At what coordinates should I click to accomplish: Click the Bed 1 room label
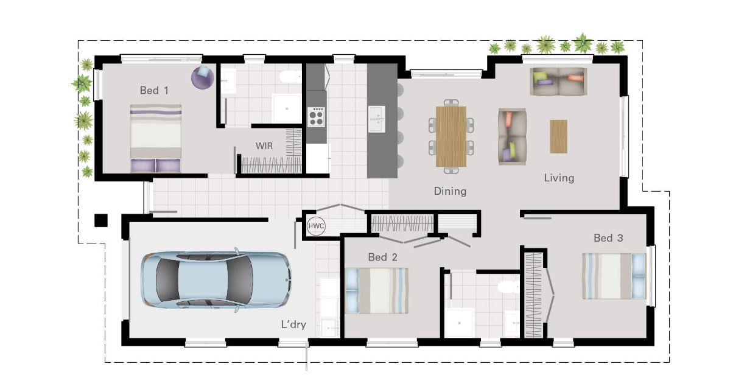pos(154,90)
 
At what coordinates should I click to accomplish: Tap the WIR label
pos(264,145)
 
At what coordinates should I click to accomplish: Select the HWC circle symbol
pos(315,226)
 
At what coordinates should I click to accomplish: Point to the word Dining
pos(450,191)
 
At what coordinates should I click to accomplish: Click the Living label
pos(559,178)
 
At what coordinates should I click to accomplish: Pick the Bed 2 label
pos(382,257)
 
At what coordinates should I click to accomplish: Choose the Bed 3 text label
pos(608,238)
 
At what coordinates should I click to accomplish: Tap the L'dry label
pos(293,324)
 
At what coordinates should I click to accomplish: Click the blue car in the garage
pos(216,279)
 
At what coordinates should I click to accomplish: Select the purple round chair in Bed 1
pos(202,77)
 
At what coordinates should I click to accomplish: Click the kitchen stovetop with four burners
pos(316,116)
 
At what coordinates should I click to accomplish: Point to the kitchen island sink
pos(377,119)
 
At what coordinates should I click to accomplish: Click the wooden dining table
pos(451,136)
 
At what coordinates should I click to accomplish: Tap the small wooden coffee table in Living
pos(559,137)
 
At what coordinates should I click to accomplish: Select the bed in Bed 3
pos(614,276)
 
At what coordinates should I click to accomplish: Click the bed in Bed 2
pos(376,291)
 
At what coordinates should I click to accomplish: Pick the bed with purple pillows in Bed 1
pos(155,138)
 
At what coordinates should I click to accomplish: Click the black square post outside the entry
pos(100,220)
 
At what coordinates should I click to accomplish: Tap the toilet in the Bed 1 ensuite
pos(289,77)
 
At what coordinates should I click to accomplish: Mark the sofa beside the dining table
pos(512,136)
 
